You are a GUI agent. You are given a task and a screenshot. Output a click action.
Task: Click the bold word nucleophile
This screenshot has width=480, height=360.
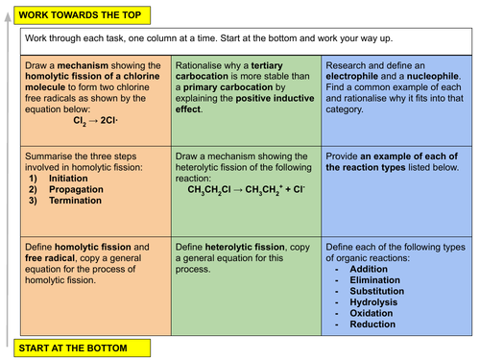coord(432,75)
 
